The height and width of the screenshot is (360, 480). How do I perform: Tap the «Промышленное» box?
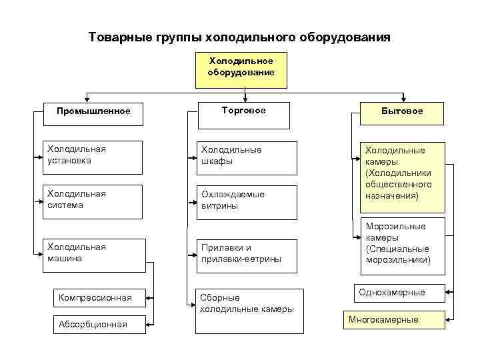[93, 111]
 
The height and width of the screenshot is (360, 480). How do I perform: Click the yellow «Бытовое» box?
[402, 111]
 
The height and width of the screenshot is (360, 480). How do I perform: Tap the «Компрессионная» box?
[100, 297]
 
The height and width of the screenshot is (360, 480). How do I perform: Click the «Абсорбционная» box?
[100, 325]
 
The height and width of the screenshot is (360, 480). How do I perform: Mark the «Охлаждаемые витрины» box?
[245, 201]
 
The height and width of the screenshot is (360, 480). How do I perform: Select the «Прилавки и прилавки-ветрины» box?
[245, 255]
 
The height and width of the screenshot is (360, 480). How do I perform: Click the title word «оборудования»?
[337, 37]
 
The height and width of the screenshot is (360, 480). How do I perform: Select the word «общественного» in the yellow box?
[398, 185]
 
